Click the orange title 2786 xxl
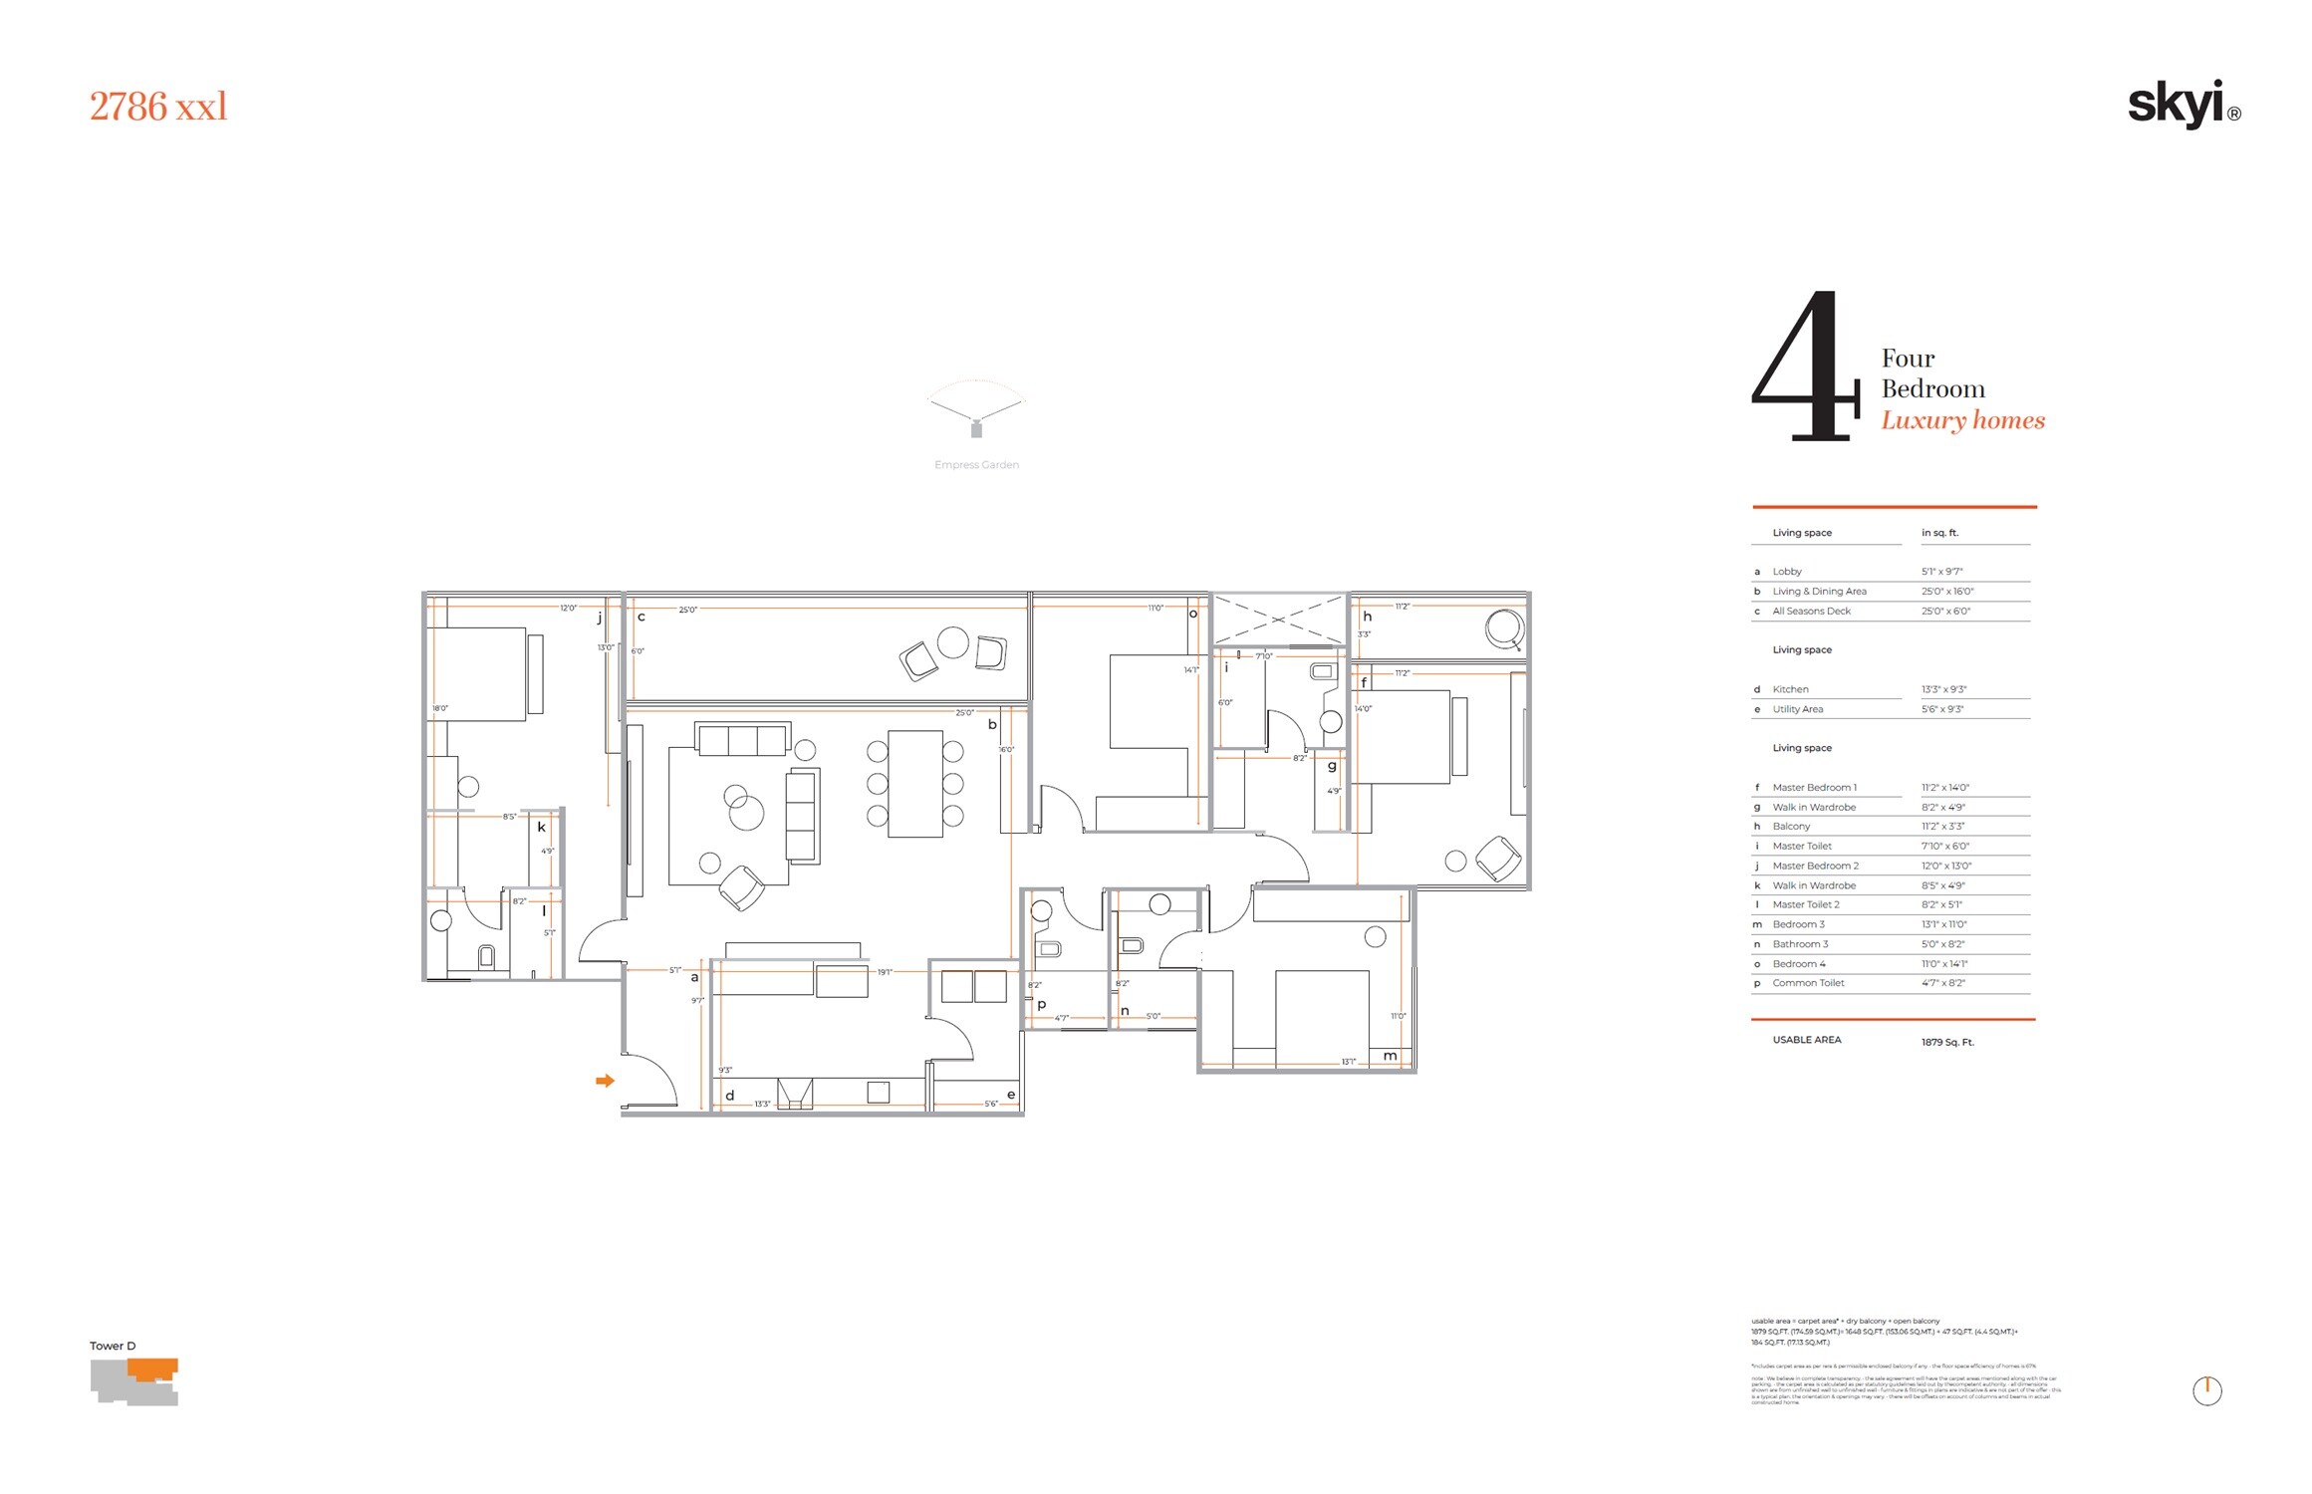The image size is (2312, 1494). coord(158,107)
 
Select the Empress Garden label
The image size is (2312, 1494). coord(976,465)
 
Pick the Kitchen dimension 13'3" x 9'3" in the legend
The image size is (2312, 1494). coord(1943,689)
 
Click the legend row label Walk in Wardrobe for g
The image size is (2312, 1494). coord(1814,807)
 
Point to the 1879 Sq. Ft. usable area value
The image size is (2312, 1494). coord(1947,1042)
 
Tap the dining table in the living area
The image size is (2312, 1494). coord(915,784)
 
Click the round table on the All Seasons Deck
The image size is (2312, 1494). coord(952,642)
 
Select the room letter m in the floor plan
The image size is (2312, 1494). coord(1390,1056)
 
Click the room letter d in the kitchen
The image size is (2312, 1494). coord(729,1095)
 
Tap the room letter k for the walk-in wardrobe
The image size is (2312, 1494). coord(542,827)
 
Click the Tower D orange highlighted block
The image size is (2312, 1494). coord(153,1369)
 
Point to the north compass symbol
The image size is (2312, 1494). coord(2207,1389)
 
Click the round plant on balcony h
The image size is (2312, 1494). coord(1503,628)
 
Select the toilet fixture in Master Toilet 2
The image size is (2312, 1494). coord(486,957)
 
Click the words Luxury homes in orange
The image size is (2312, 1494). coord(1962,420)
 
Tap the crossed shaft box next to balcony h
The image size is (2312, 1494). coord(1279,620)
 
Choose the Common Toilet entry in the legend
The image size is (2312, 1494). coord(1808,983)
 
